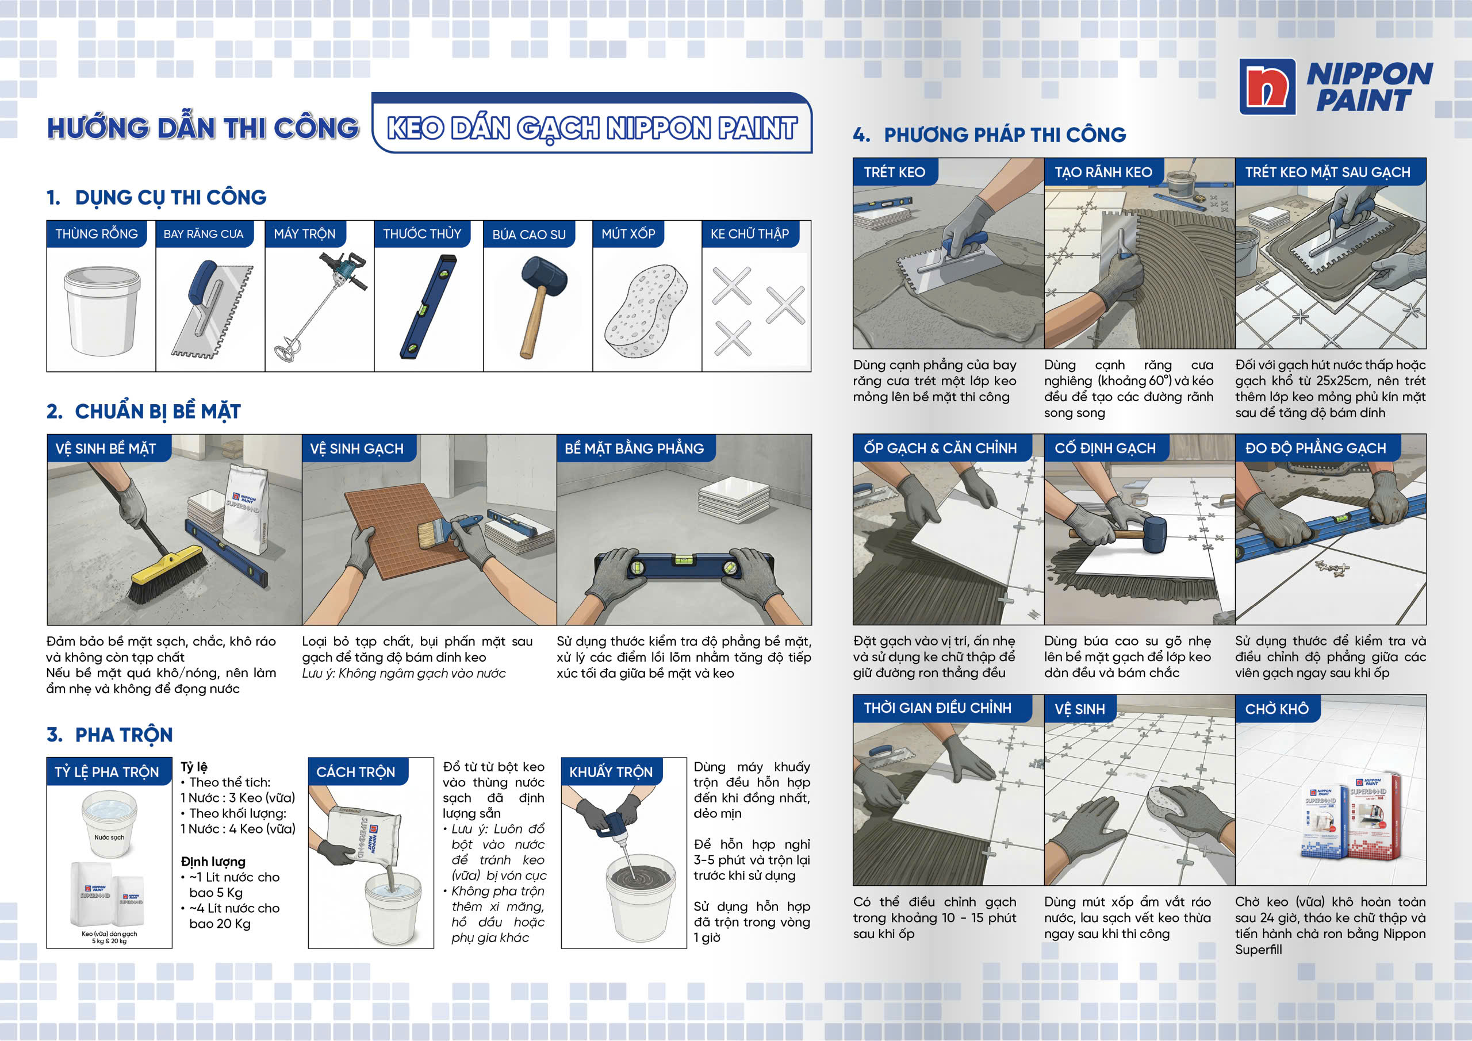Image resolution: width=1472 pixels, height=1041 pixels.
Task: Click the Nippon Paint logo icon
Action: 1267,87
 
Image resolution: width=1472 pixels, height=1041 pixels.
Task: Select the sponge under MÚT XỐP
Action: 645,311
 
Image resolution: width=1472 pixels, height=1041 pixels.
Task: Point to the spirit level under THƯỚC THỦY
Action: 428,306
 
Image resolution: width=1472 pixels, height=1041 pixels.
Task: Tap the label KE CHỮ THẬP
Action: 749,234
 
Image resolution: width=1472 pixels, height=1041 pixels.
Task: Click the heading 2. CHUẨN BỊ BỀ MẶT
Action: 144,412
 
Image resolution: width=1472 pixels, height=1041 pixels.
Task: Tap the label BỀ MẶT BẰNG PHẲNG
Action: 634,449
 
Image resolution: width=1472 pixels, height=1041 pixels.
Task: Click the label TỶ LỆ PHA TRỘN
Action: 107,772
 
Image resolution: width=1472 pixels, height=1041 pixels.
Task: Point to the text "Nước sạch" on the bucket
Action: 109,837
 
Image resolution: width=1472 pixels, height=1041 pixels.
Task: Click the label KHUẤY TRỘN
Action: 611,772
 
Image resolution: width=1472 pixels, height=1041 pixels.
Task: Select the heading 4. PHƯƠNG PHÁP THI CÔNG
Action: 989,135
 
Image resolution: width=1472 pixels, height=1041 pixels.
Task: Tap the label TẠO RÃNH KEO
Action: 1103,172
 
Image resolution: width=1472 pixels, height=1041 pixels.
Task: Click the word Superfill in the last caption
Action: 1259,950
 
